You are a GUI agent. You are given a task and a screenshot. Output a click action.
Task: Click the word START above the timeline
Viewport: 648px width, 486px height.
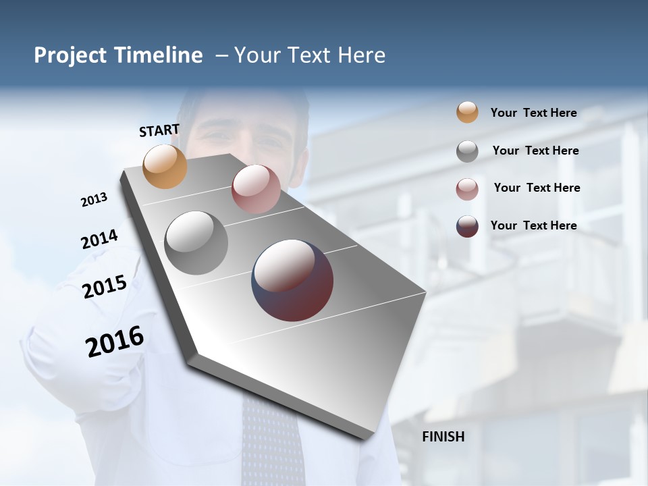[159, 130]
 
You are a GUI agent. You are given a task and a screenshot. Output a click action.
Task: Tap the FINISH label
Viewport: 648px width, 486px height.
[443, 437]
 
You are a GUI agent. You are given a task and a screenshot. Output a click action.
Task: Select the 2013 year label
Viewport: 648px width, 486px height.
[94, 200]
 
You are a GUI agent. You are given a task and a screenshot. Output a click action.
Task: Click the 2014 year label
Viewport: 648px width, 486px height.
[99, 240]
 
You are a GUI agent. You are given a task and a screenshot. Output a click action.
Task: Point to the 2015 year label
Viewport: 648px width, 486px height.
[105, 287]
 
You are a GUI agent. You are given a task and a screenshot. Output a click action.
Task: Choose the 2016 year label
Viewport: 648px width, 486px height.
[115, 342]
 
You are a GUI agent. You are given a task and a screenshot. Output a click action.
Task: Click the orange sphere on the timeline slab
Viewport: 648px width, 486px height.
[165, 166]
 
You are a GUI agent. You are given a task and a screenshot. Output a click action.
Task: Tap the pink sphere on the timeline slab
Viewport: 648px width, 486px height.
[255, 189]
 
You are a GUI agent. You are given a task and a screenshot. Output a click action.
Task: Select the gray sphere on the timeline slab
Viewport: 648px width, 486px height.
[196, 243]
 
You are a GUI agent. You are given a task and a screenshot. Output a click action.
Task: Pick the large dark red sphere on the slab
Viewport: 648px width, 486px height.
[292, 280]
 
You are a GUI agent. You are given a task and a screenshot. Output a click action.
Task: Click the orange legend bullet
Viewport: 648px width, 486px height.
[467, 112]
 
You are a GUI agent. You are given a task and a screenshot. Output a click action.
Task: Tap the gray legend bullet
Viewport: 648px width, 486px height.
[467, 151]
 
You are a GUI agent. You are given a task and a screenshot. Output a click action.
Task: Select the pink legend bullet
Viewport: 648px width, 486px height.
[467, 189]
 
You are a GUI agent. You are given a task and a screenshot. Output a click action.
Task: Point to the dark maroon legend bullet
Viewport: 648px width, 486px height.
[467, 226]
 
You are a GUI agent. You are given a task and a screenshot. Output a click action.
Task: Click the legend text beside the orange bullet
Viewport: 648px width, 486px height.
[533, 113]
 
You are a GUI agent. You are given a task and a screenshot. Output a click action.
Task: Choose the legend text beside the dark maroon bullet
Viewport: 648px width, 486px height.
[533, 225]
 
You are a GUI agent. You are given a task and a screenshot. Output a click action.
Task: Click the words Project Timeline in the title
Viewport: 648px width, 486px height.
[118, 55]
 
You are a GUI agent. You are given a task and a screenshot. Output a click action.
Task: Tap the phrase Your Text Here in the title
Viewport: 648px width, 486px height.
[310, 55]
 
